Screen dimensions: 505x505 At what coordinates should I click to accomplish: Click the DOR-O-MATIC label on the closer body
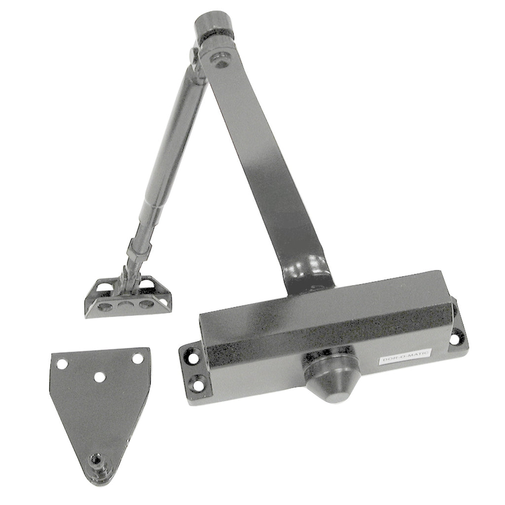405,356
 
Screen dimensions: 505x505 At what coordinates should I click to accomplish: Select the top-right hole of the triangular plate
138,358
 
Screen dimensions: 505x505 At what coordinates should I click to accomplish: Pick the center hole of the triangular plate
101,376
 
